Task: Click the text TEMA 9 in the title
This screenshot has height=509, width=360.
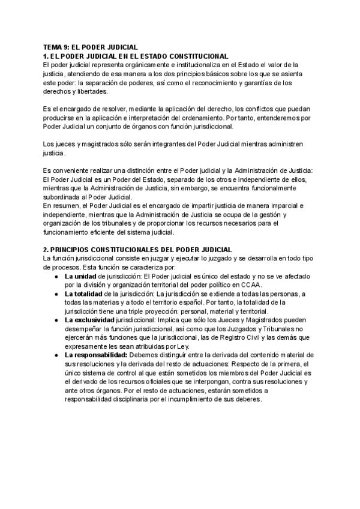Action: coord(57,46)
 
